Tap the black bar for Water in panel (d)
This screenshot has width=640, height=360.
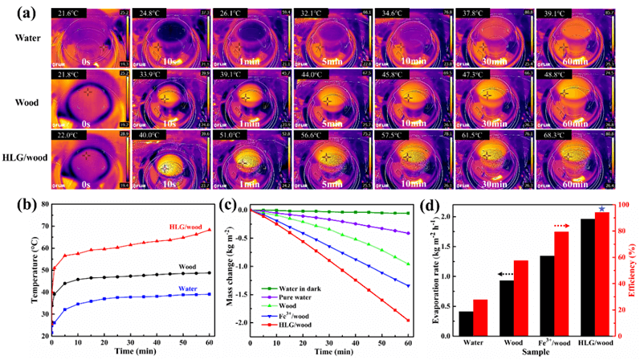[465, 324]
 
